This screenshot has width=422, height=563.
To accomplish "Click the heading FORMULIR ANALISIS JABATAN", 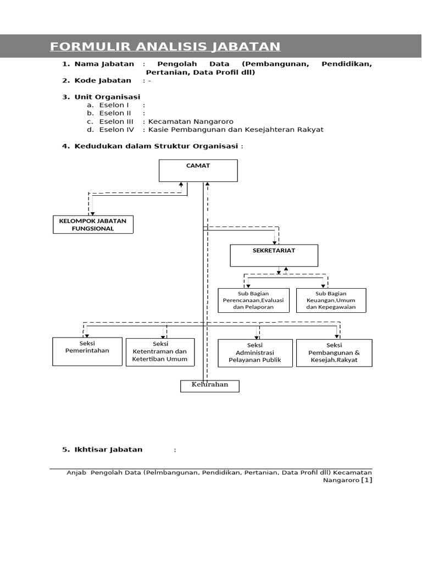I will click(x=165, y=47).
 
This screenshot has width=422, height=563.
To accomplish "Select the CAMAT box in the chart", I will click(x=198, y=170).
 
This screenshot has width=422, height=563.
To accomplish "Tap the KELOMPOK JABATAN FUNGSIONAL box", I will click(x=93, y=224).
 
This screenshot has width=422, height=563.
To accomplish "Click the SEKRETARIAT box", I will click(x=274, y=255).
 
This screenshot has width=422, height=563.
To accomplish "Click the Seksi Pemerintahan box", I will click(x=87, y=351).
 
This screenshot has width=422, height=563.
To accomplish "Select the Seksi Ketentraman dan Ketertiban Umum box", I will click(x=160, y=352).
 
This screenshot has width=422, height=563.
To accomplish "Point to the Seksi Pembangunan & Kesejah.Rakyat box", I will click(x=334, y=352).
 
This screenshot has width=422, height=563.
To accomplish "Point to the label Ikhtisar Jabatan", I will click(x=108, y=449).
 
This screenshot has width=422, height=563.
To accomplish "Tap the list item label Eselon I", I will click(x=114, y=105).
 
